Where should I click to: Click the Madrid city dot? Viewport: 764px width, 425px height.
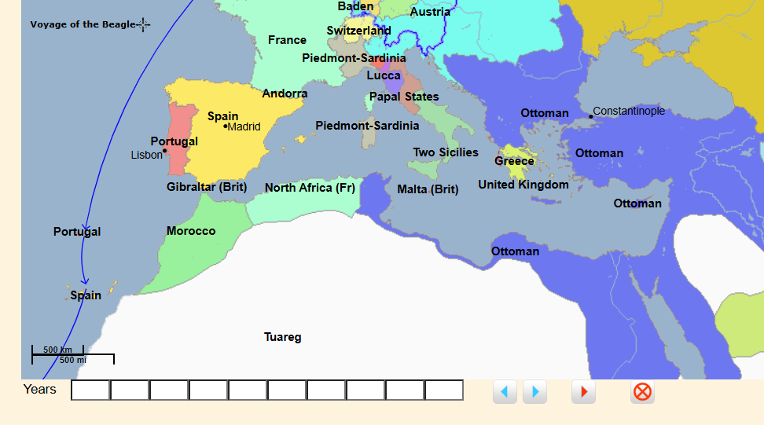click(226, 126)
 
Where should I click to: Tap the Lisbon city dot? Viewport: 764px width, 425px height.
click(165, 150)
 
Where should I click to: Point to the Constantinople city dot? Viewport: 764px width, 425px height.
click(591, 116)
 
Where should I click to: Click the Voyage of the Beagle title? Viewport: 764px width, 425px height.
click(83, 24)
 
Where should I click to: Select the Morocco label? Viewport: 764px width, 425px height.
click(191, 231)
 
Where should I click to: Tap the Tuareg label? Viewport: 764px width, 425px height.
click(282, 337)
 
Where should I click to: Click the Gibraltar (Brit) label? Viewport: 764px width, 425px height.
click(207, 187)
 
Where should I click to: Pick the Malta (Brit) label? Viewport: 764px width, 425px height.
click(428, 189)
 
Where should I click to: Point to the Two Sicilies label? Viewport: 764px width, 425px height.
click(446, 152)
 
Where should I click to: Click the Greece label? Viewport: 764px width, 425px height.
click(514, 161)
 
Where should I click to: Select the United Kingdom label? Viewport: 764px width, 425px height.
click(523, 185)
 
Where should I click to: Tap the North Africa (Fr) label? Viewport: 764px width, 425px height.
click(310, 188)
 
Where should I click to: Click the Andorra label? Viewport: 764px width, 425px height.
click(285, 93)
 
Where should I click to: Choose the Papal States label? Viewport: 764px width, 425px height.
click(404, 97)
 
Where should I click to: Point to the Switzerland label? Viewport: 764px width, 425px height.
click(359, 31)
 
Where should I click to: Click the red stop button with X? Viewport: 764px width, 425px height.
click(642, 391)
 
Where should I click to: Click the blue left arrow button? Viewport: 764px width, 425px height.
click(505, 391)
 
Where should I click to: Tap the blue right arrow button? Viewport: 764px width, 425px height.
click(534, 391)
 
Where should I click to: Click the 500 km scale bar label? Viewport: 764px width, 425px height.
click(57, 350)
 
